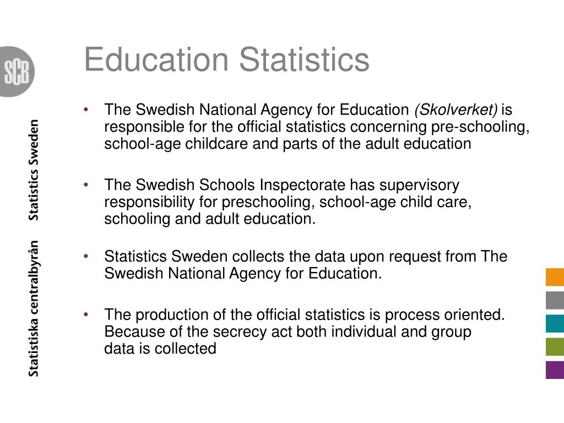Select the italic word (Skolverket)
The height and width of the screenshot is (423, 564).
pyautogui.click(x=455, y=110)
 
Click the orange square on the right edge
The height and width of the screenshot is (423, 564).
pyautogui.click(x=555, y=277)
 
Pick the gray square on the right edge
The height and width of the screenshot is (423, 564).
pyautogui.click(x=555, y=300)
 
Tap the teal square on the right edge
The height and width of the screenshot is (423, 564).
pyautogui.click(x=555, y=323)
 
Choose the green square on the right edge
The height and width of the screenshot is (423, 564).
pyautogui.click(x=555, y=346)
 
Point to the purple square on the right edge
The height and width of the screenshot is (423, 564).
pyautogui.click(x=555, y=370)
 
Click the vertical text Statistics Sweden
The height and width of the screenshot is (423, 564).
pyautogui.click(x=34, y=170)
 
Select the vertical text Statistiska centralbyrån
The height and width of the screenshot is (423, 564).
pyautogui.click(x=34, y=308)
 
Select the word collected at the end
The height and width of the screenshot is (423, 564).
pyautogui.click(x=185, y=349)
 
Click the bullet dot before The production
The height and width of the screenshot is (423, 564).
pyautogui.click(x=86, y=314)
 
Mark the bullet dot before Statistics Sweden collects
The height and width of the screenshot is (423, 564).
pyautogui.click(x=86, y=256)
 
